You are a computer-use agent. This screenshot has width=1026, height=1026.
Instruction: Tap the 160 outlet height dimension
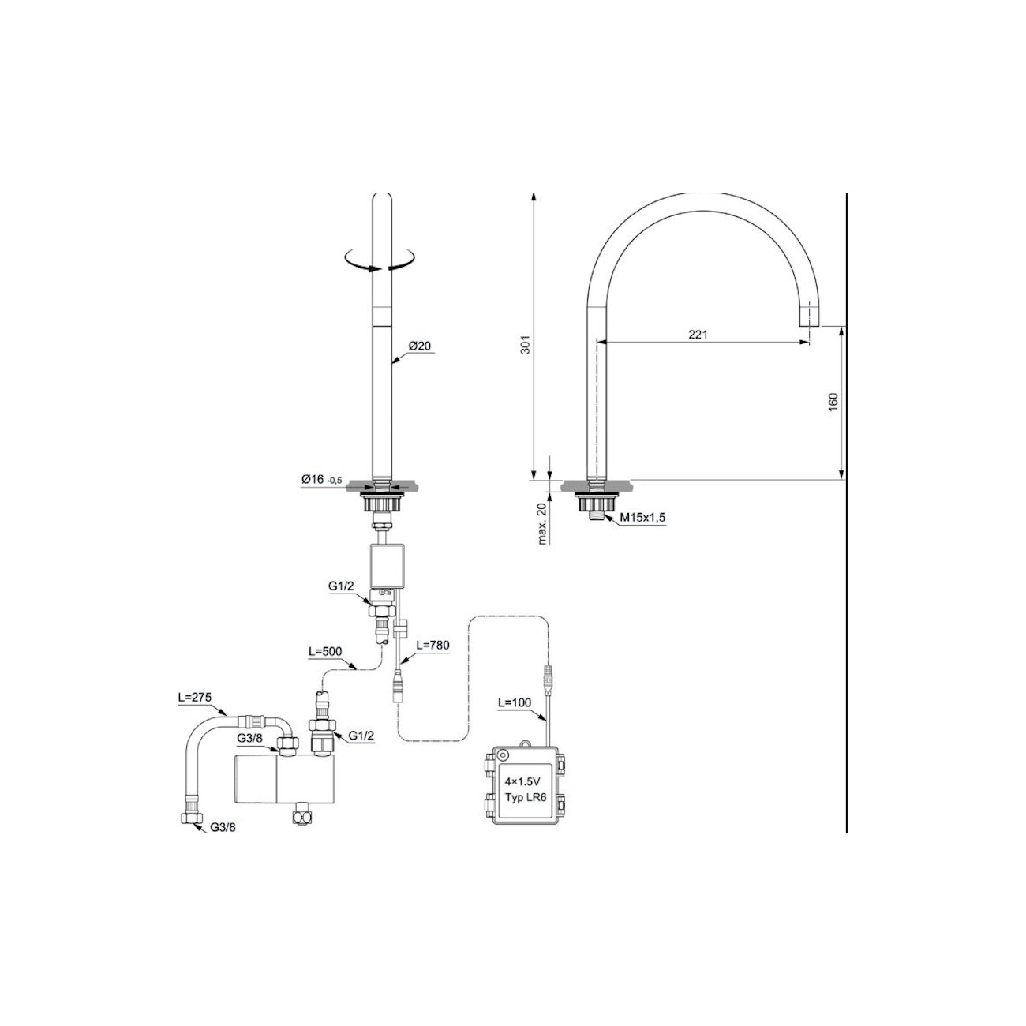click(833, 402)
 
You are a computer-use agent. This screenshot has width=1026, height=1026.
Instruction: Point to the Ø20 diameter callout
click(421, 346)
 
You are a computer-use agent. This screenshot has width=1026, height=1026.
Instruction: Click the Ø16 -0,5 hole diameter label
click(320, 480)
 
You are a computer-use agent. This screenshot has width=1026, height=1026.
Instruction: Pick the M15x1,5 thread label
click(642, 517)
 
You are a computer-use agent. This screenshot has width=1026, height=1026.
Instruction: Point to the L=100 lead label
click(514, 702)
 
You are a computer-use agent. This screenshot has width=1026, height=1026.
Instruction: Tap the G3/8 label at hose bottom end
click(223, 829)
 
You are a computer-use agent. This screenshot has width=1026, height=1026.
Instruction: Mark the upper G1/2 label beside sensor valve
click(341, 587)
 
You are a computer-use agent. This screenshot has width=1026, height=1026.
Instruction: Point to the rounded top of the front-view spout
click(383, 198)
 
